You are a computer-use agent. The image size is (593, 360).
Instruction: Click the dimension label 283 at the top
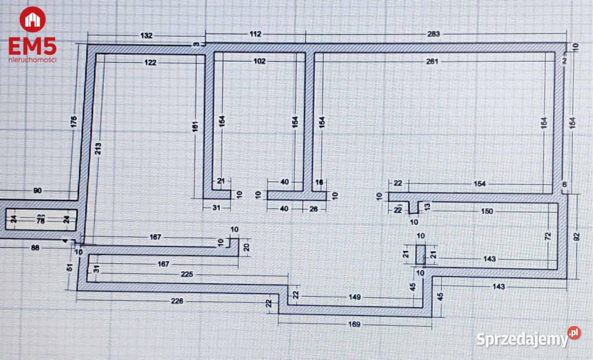[433, 34]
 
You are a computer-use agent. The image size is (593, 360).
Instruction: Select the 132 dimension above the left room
[146, 36]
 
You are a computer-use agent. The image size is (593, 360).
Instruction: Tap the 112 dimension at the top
[256, 34]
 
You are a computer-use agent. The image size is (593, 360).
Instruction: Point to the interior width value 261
[432, 61]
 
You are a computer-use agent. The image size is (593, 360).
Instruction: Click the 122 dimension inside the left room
[150, 62]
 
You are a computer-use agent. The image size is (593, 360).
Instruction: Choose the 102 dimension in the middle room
[259, 61]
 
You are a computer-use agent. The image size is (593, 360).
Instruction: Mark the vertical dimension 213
[98, 148]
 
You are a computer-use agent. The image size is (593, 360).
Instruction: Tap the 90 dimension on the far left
[38, 191]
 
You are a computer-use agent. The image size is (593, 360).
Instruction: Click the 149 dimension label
[354, 297]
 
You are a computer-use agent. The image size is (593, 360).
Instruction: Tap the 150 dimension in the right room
[487, 212]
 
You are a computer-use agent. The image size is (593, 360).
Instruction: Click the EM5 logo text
[32, 46]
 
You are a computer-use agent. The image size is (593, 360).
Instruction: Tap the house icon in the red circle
[32, 19]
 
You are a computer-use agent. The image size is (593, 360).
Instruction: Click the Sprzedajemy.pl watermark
[528, 338]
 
